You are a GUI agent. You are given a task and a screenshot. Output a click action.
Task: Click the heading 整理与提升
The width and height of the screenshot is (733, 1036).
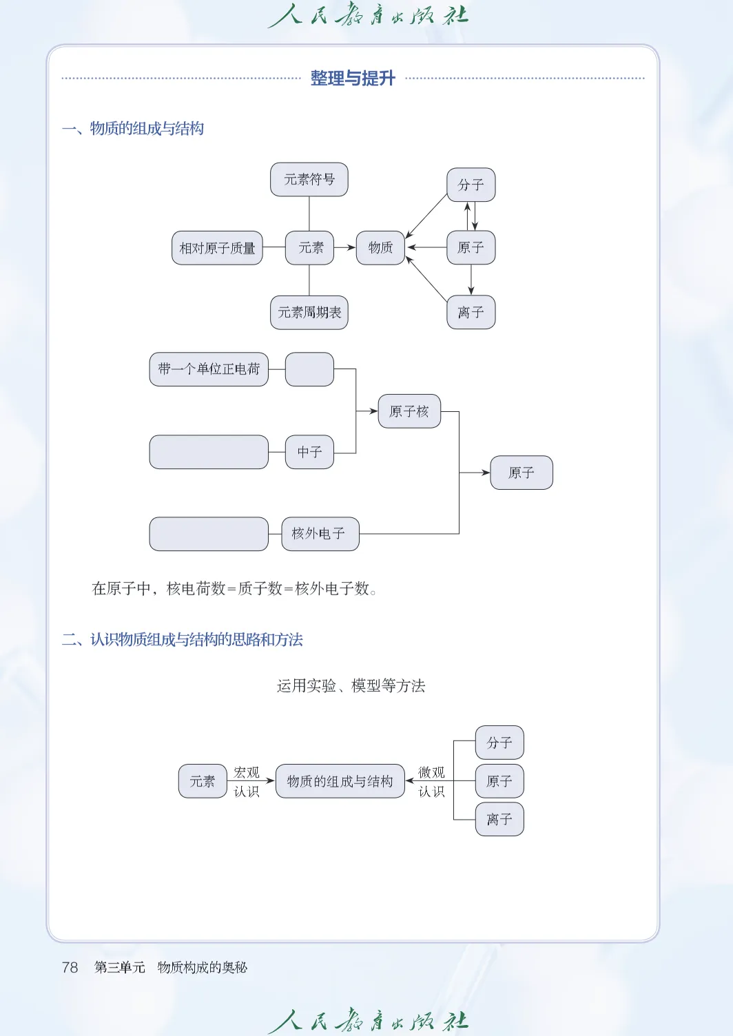pos(353,79)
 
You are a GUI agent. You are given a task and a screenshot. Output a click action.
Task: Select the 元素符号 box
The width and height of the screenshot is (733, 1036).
pos(309,180)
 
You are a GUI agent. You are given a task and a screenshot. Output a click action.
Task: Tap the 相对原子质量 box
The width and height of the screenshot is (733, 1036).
pos(217,248)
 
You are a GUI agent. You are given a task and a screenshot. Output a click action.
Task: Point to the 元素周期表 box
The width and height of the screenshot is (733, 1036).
pos(309,313)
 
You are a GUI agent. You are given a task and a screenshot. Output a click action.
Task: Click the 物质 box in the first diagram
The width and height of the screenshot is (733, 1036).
pos(380,248)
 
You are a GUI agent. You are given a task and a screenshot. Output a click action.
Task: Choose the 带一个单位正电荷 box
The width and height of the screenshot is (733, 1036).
pos(209,369)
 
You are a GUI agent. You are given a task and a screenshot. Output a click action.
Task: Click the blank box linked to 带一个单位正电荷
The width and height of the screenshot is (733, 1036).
pos(309,369)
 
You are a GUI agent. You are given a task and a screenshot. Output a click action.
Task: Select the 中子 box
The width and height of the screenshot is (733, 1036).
pos(309,452)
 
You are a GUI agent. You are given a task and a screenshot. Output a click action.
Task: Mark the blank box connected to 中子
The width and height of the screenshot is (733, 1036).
pos(209,452)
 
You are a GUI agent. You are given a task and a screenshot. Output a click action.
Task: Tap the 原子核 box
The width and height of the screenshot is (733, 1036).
pos(409,411)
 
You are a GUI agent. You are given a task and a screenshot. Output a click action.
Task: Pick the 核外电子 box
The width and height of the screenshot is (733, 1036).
pos(320,534)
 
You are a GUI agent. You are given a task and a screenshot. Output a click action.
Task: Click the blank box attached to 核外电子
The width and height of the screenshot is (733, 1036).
pos(209,534)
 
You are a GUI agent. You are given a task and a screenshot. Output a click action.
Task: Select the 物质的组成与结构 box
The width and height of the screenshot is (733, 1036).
pos(340,781)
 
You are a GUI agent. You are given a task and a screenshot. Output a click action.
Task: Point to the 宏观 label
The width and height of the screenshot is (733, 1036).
pos(247,772)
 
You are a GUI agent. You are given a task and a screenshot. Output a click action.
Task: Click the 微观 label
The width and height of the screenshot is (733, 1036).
pos(432,772)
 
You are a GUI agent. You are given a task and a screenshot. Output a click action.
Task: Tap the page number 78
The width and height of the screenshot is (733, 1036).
pos(70,967)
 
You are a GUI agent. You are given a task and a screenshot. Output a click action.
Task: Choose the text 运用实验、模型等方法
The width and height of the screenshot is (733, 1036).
pos(351,686)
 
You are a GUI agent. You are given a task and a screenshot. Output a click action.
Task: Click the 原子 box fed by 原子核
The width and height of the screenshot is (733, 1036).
pos(522,473)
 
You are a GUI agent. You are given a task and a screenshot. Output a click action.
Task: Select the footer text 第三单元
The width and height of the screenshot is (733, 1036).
pos(120,967)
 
